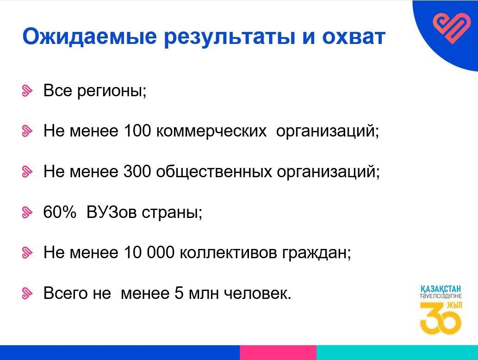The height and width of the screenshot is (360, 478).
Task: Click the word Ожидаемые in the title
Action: click(x=90, y=37)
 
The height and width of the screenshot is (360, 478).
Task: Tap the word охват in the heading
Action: click(x=354, y=37)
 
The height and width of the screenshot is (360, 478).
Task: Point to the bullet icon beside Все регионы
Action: click(x=27, y=91)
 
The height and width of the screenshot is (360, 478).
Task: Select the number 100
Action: click(x=137, y=130)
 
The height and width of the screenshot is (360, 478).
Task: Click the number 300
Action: click(x=137, y=171)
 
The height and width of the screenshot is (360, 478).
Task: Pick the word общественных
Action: click(x=214, y=172)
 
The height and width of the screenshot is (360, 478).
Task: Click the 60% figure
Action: click(x=59, y=211)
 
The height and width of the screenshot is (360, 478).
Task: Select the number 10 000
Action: click(x=149, y=252)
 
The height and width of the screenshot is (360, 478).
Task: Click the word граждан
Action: click(x=317, y=254)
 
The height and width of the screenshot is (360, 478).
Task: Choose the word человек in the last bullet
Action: click(x=258, y=293)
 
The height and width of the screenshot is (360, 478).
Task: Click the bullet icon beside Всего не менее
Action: click(x=27, y=293)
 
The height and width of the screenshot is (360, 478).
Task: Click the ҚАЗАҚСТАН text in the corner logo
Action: click(x=441, y=289)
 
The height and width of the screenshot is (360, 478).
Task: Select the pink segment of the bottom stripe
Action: click(x=278, y=353)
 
